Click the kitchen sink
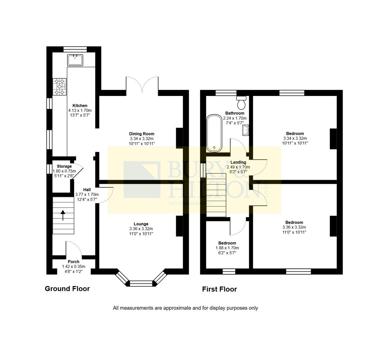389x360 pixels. coord(75,60)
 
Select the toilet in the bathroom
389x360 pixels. coord(241,103)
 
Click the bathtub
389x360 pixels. coord(214,133)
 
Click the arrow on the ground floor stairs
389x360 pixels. coord(63,215)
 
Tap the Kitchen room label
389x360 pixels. coord(80,106)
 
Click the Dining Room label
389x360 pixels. coord(142,134)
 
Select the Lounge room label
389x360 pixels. coord(141,224)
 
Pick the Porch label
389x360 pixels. coord(73,262)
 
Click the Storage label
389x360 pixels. coord(64,166)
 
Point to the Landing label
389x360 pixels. coord(238,162)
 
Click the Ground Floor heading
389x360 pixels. coord(67,289)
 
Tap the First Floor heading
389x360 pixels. coord(219,289)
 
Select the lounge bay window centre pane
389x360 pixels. coord(141,284)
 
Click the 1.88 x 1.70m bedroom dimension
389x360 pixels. coord(227,248)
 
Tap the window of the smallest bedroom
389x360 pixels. coord(229,271)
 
